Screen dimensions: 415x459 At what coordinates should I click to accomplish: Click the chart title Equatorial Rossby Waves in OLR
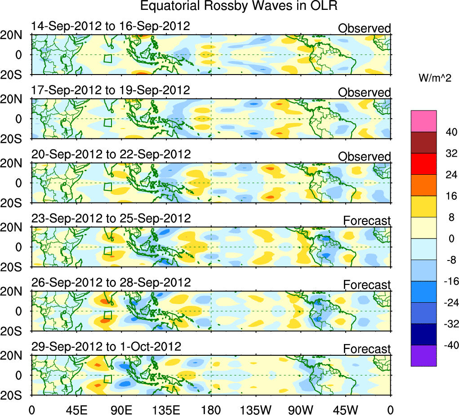click(239, 6)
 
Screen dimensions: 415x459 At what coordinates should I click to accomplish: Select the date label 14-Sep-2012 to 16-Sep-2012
click(111, 26)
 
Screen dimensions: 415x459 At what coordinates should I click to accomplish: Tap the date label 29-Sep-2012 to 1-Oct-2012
click(106, 347)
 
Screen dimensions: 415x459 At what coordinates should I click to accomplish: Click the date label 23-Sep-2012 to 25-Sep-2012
click(111, 219)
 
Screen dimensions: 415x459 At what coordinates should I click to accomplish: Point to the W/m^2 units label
click(435, 78)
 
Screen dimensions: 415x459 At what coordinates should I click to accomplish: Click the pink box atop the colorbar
click(423, 121)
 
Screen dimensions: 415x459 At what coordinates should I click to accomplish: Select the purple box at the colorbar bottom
click(423, 356)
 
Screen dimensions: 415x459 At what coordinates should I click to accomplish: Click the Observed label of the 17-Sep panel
click(364, 93)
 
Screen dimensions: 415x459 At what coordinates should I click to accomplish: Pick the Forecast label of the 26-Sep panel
click(367, 285)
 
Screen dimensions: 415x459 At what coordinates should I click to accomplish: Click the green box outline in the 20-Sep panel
click(108, 186)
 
